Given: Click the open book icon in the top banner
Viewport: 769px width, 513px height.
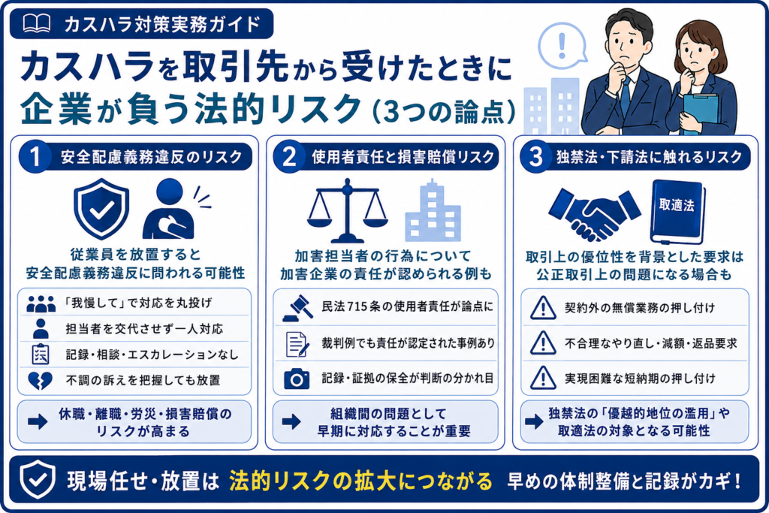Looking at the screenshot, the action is (36, 23).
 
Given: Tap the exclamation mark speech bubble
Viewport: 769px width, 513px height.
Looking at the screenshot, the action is (562, 45).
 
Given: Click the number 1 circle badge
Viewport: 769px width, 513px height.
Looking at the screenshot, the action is (35, 156).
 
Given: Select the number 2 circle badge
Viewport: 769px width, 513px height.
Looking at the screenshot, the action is (289, 156).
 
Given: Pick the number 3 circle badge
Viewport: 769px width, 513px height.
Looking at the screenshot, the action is (536, 156).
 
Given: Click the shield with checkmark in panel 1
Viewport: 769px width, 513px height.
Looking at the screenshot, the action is (101, 209).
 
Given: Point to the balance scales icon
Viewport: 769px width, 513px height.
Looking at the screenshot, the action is (347, 210).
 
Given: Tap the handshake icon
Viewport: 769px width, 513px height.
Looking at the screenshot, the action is (595, 214).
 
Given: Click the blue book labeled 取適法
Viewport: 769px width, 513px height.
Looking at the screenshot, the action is (678, 211).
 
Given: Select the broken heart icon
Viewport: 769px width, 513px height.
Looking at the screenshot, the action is (41, 380).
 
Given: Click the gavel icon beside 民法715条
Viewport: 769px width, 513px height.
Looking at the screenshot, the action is (297, 307).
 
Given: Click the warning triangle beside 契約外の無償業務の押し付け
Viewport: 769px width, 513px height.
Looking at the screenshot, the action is (543, 308).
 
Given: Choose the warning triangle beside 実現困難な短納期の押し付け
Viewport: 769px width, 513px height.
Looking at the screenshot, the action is (543, 378).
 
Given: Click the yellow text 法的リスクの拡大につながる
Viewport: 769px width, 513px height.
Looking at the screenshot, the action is (360, 481).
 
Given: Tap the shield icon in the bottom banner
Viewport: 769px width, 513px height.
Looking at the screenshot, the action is (38, 479).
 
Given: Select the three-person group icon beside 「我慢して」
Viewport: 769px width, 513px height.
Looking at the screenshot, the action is (41, 304).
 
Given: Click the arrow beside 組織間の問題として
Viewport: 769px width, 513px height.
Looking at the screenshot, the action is (291, 421).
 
